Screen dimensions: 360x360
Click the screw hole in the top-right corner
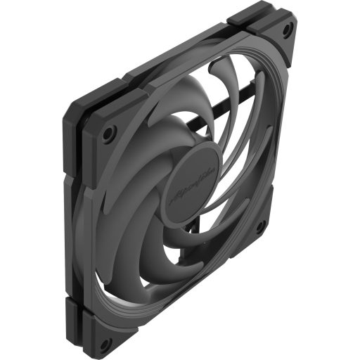[x=287, y=30]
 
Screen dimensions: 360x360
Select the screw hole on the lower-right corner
[x=259, y=226]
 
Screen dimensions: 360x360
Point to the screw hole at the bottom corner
[x=105, y=344]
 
